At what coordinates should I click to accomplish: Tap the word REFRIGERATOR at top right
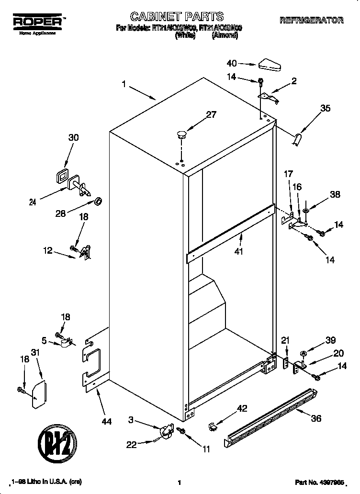(311, 20)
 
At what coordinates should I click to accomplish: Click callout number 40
(232, 63)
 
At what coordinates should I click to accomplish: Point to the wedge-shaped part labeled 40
(271, 64)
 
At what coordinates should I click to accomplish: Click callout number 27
(211, 114)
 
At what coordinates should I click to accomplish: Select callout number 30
(73, 137)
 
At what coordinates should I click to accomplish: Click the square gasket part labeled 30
(61, 176)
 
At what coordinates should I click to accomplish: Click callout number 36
(316, 418)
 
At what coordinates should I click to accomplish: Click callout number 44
(107, 422)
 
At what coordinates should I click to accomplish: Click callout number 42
(243, 408)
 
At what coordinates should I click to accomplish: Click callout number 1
(124, 85)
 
